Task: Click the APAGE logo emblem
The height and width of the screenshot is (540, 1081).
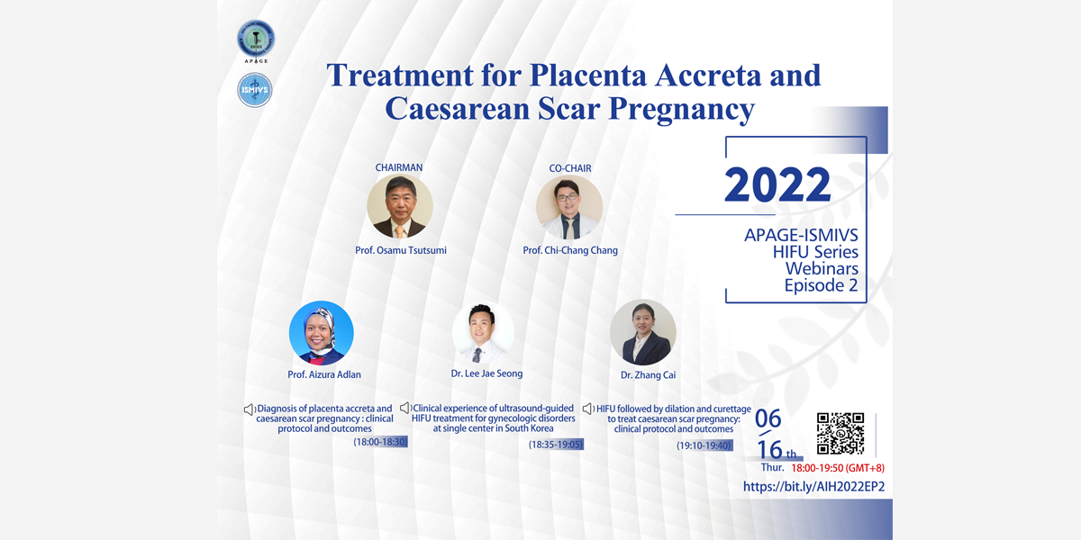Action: pyautogui.click(x=256, y=39)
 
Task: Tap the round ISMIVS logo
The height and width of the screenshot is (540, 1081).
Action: pyautogui.click(x=255, y=90)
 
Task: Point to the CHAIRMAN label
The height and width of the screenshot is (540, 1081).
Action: pyautogui.click(x=398, y=167)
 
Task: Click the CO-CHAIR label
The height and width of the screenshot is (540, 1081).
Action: pyautogui.click(x=570, y=168)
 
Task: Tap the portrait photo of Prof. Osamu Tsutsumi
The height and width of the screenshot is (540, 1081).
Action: pyautogui.click(x=400, y=206)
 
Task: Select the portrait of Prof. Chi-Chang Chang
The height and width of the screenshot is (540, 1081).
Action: pyautogui.click(x=569, y=207)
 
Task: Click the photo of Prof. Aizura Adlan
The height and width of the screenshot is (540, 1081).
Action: pyautogui.click(x=322, y=333)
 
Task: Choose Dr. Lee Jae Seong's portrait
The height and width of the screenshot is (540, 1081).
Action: pyautogui.click(x=483, y=333)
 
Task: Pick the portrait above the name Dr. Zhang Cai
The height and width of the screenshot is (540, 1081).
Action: pyautogui.click(x=643, y=332)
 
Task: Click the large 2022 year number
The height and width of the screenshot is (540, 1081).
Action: pyautogui.click(x=777, y=184)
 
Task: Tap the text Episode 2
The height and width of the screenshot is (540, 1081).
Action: pyautogui.click(x=821, y=285)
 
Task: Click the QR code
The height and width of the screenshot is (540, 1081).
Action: pyautogui.click(x=840, y=434)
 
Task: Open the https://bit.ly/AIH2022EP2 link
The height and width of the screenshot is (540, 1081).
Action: pyautogui.click(x=813, y=487)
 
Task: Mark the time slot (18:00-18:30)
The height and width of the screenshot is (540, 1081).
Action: pyautogui.click(x=380, y=442)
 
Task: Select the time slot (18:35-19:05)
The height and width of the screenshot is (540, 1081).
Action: pyautogui.click(x=556, y=444)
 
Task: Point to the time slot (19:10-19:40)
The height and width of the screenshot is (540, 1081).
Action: pyautogui.click(x=704, y=445)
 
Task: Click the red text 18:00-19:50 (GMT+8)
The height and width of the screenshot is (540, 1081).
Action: pyautogui.click(x=838, y=468)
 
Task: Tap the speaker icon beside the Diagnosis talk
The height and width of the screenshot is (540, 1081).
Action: pyautogui.click(x=249, y=409)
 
